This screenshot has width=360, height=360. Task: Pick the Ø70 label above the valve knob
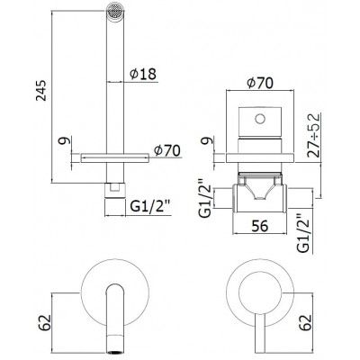261,84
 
